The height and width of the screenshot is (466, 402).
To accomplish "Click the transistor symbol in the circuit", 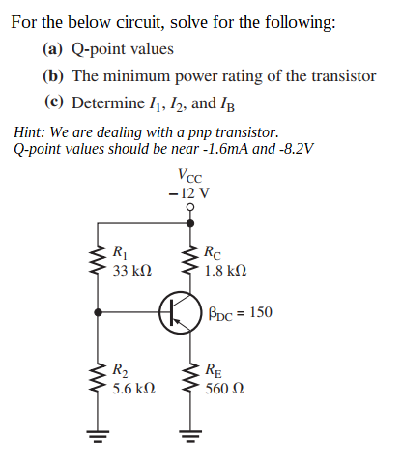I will (178, 312).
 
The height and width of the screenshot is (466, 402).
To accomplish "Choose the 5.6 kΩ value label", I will (133, 388).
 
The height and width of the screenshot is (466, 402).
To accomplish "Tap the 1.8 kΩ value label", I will (225, 273).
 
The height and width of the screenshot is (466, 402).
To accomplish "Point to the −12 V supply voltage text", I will (188, 193).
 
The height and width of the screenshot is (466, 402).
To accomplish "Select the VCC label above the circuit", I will (190, 176).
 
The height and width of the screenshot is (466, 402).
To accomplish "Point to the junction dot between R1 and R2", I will (97, 312).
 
